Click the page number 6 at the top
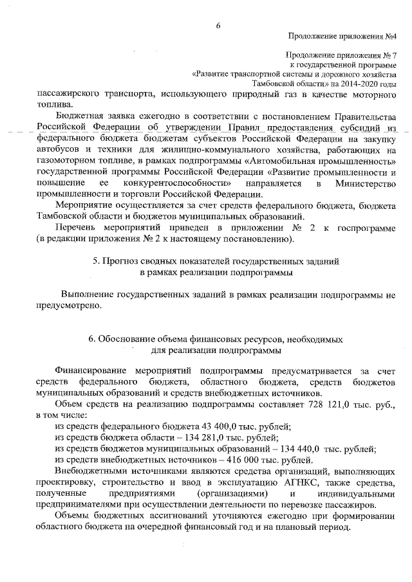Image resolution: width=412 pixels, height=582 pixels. pos(218,25)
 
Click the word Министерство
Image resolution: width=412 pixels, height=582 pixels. pos(365,185)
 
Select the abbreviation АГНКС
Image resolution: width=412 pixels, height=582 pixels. pos(297,483)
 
